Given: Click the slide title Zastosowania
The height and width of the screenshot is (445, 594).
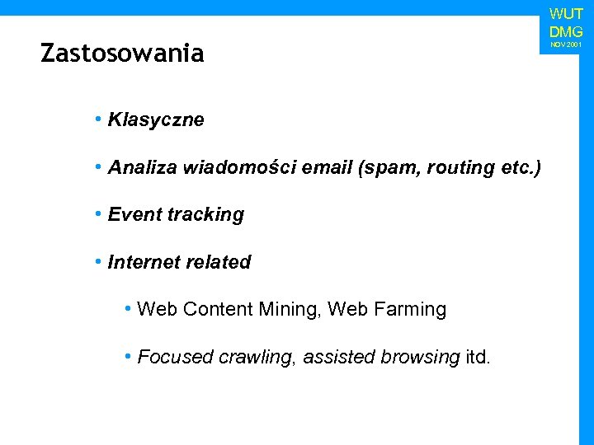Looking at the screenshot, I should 122,54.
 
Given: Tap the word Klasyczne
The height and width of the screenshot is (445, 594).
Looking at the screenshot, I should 156,120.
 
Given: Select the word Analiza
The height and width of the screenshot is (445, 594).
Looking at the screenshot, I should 143,168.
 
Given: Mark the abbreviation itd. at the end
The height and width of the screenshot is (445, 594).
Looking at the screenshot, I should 478,358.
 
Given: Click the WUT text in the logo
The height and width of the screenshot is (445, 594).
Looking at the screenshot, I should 566,14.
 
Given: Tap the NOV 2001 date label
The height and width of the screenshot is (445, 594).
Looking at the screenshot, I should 566,44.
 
